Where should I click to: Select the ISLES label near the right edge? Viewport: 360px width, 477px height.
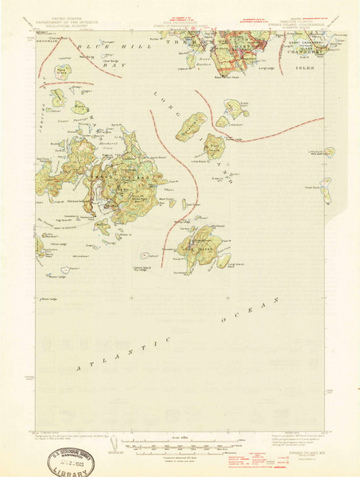coord(304,70)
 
